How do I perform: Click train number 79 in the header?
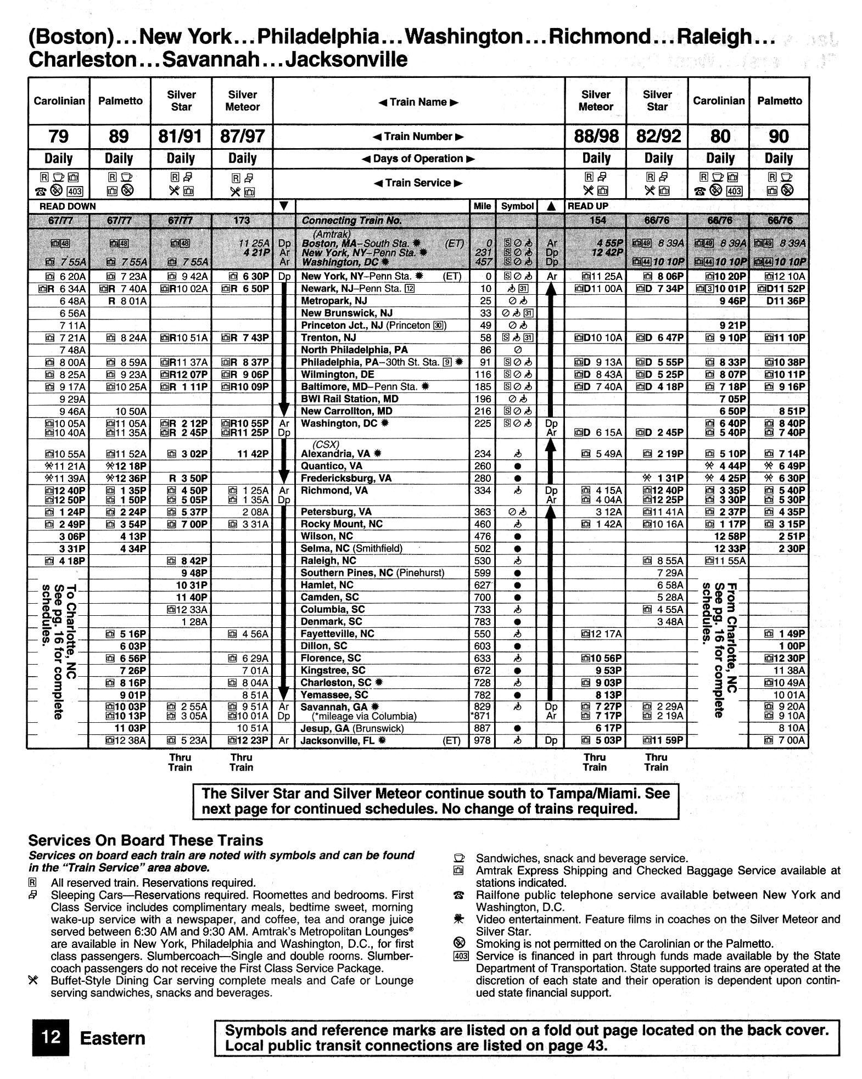[x=58, y=136]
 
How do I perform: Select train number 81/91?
[x=181, y=136]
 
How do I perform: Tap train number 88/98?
[x=595, y=136]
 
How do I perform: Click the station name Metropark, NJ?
[x=334, y=301]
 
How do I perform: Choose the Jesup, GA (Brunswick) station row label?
[x=352, y=728]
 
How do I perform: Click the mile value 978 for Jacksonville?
[x=482, y=740]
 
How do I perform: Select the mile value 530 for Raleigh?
[x=482, y=560]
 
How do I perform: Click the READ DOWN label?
[x=68, y=206]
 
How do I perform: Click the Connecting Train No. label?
[x=351, y=221]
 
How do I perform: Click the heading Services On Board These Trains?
[x=145, y=840]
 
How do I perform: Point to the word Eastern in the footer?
[x=113, y=1038]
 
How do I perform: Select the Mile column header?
[x=482, y=206]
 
